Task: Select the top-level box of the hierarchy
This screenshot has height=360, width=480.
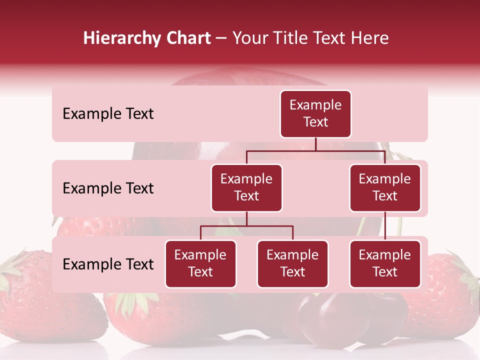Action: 315,114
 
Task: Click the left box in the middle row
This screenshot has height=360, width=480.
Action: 246,188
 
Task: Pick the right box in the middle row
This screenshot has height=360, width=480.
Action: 385,188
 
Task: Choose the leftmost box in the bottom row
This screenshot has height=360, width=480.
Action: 200,264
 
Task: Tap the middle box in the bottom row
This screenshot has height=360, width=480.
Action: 292,264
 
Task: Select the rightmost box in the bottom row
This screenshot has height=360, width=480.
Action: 385,264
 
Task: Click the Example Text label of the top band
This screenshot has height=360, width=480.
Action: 108,114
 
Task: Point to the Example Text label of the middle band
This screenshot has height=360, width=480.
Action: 108,188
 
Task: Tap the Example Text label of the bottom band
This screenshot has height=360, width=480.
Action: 108,264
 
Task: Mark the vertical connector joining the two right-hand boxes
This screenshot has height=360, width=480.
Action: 385,226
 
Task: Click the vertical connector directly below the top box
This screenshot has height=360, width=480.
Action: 315,144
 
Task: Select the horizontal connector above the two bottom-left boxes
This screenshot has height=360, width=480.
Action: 246,226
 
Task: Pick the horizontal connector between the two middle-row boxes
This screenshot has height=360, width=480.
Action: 315,150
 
